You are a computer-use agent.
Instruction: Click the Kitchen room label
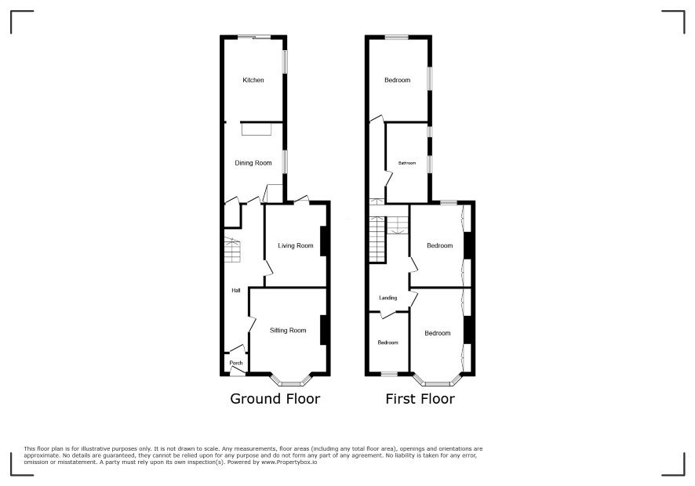pyautogui.click(x=253, y=80)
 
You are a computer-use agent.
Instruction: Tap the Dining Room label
pyautogui.click(x=253, y=163)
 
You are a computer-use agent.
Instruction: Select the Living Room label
pyautogui.click(x=296, y=245)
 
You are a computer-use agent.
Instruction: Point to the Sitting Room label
pyautogui.click(x=288, y=330)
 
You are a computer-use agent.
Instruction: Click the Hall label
pyautogui.click(x=236, y=291)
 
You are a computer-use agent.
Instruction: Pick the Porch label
pyautogui.click(x=236, y=363)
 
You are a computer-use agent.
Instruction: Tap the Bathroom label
pyautogui.click(x=407, y=163)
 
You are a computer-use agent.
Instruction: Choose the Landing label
pyautogui.click(x=388, y=298)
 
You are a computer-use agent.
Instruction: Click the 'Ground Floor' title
pyautogui.click(x=275, y=399)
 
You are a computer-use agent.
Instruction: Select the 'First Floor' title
pyautogui.click(x=420, y=399)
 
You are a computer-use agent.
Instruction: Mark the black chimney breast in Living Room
pyautogui.click(x=323, y=241)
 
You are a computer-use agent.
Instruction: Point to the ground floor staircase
pyautogui.click(x=232, y=250)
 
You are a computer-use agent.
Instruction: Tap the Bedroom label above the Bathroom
pyautogui.click(x=397, y=80)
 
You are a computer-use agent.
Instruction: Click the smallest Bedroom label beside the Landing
pyautogui.click(x=388, y=343)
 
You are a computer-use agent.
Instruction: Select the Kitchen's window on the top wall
pyautogui.click(x=254, y=37)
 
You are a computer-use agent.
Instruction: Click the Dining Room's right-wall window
pyautogui.click(x=285, y=161)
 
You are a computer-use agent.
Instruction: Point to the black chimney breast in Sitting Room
pyautogui.click(x=323, y=329)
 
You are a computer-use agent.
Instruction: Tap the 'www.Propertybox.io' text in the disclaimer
pyautogui.click(x=289, y=462)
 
